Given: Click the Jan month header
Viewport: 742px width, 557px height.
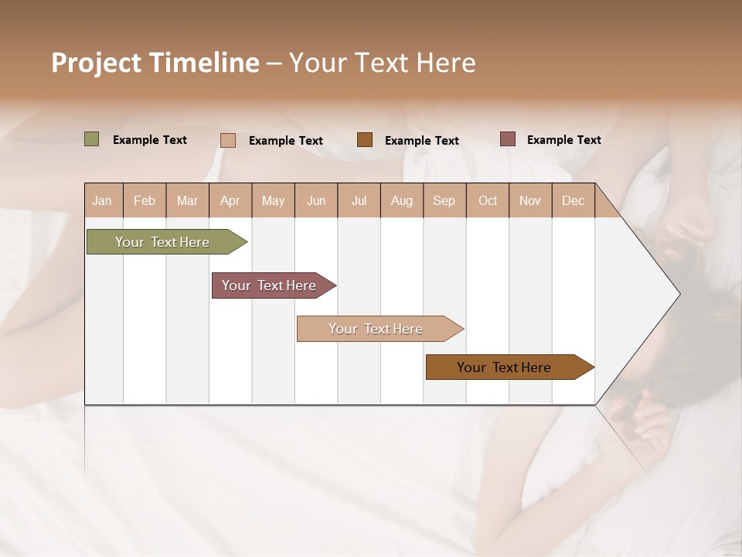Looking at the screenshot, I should [x=103, y=200].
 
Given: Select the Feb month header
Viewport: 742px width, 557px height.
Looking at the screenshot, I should [x=145, y=200].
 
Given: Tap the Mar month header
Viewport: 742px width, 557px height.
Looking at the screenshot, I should [x=187, y=200].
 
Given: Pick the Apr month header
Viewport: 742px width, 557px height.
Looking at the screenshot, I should [x=230, y=200].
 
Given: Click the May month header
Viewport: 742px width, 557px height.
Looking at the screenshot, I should [x=273, y=200].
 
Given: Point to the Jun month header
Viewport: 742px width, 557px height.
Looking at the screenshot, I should [x=316, y=200].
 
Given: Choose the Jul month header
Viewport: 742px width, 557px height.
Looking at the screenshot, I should [x=359, y=200].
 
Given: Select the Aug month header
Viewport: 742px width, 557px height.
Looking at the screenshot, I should [x=402, y=200].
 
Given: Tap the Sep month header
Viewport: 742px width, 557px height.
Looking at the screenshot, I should [x=444, y=200].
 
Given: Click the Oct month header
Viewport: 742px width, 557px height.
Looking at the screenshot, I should [x=488, y=200].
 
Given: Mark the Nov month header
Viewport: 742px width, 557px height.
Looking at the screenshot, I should [x=530, y=200].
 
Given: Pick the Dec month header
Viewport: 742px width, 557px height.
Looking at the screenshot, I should [x=574, y=200].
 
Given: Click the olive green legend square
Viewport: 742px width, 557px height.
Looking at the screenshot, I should [x=92, y=139].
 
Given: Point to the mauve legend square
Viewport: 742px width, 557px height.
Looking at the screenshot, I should [x=507, y=139].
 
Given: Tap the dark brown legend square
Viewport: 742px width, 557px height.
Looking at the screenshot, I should [x=365, y=139].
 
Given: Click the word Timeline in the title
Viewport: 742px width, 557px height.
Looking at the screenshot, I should [x=203, y=63].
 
